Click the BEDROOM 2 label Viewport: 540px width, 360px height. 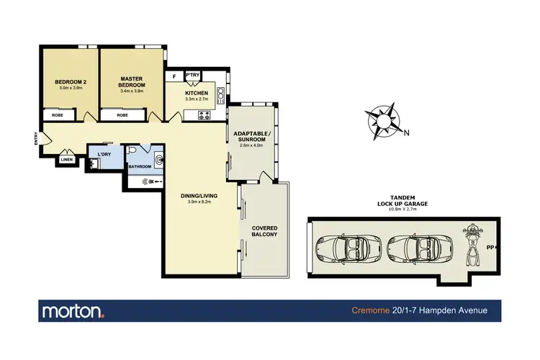[71, 82]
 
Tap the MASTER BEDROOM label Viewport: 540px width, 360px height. [133, 81]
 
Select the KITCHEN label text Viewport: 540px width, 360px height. [197, 93]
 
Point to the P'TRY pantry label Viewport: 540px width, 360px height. [193, 75]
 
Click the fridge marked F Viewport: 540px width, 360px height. [174, 76]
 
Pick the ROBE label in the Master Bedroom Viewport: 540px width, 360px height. [122, 115]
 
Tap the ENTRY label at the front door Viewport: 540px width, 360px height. [36, 138]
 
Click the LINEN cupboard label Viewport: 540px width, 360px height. [67, 159]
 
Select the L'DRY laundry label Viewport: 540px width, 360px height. [99, 152]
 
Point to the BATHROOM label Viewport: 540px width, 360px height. [140, 167]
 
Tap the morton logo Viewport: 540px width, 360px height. [73, 311]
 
